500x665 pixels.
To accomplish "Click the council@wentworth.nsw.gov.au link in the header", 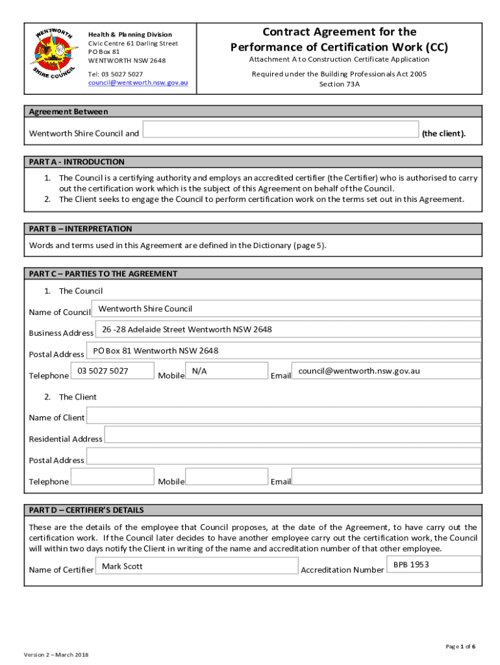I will point(138,83).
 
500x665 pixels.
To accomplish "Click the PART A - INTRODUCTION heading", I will point(77,162).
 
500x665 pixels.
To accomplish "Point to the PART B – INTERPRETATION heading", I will point(81,229).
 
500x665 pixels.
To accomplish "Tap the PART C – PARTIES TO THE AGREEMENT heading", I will point(103,273).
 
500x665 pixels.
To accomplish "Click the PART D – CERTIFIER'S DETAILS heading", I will point(86,510).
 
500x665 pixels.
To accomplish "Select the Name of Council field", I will point(286,309).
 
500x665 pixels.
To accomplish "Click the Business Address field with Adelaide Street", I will point(288,330).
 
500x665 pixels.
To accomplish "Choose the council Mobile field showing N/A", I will point(226,371).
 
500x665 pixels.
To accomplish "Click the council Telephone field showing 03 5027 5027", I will point(112,371).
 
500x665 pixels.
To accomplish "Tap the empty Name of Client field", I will point(283,415).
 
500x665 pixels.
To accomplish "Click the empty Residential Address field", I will point(292,434).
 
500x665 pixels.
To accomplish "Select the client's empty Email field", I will point(386,477).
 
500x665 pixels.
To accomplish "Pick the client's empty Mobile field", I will point(226,477).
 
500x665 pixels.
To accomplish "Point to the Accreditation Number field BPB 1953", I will point(434,564).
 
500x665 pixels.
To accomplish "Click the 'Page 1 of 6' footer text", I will point(460,646).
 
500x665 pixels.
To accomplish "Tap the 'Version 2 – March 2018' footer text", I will point(56,654).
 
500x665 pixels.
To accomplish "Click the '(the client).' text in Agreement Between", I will point(444,134).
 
